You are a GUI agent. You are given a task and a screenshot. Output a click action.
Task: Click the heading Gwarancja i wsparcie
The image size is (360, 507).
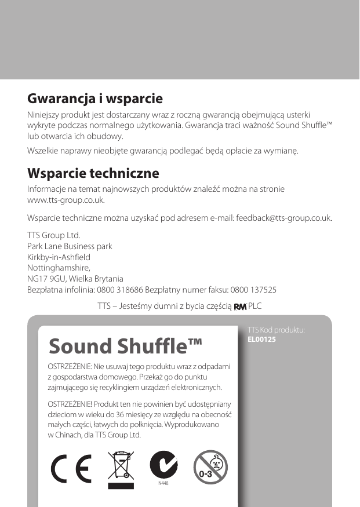click(95, 99)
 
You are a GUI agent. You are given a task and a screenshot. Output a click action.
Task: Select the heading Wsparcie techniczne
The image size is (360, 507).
click(93, 174)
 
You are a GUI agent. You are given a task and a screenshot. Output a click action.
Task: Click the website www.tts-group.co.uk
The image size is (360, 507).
click(66, 200)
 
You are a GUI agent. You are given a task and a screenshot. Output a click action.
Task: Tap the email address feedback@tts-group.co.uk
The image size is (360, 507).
click(284, 218)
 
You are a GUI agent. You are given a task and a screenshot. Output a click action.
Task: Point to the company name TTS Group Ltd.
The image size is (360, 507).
click(54, 236)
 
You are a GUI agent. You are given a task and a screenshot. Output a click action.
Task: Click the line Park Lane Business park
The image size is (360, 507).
click(70, 246)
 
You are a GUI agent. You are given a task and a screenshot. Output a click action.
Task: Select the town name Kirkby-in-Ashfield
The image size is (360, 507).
click(59, 257)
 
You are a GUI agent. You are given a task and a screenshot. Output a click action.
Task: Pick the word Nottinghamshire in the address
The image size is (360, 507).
click(59, 268)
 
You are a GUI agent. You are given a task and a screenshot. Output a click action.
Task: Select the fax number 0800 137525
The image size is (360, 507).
click(253, 289)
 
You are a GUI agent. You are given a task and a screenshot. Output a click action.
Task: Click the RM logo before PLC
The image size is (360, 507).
click(239, 307)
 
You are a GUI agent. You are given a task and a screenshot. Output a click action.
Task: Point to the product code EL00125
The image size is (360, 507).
click(261, 339)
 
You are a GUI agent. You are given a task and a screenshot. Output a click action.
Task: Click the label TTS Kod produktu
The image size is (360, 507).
click(276, 330)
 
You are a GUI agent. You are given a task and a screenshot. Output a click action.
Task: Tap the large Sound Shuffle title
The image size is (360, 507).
click(126, 346)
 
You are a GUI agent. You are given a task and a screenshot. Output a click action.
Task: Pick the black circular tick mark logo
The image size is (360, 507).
click(163, 464)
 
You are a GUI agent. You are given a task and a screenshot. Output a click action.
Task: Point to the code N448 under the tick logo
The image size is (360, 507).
click(163, 483)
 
